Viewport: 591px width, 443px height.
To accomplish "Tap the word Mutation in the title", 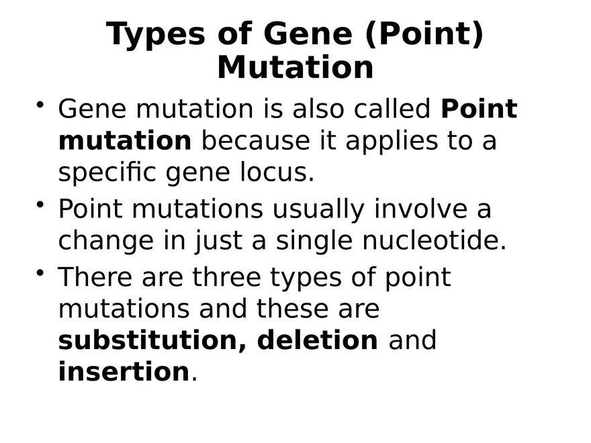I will (x=295, y=68).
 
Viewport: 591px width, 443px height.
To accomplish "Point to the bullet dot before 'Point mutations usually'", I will (x=41, y=204).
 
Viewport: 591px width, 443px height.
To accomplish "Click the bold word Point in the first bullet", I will (x=479, y=109).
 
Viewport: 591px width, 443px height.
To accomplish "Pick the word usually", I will (x=318, y=209).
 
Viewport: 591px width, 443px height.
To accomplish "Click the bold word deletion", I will (x=318, y=340).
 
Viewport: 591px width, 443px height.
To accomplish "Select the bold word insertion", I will (x=124, y=371).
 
